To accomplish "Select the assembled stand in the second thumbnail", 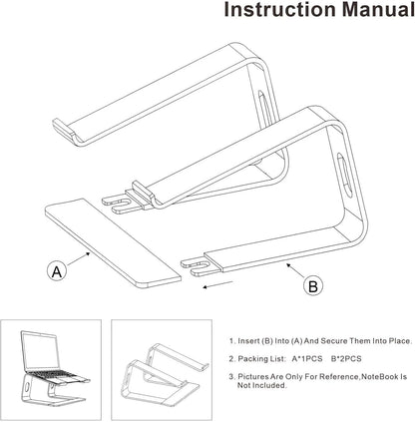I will pyautogui.click(x=159, y=368).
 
